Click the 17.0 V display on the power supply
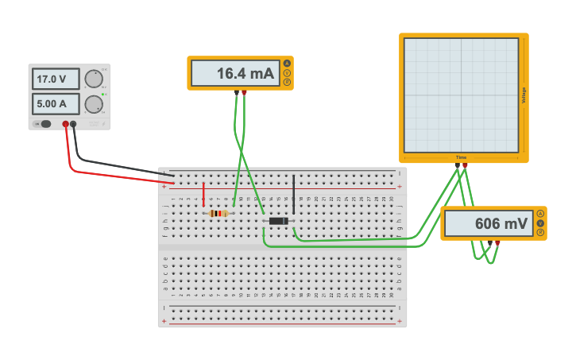pyautogui.click(x=56, y=79)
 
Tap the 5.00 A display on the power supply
pyautogui.click(x=56, y=104)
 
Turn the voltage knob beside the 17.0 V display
pyautogui.click(x=94, y=79)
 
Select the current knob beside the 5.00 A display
pyautogui.click(x=94, y=104)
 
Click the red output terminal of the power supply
pyautogui.click(x=66, y=124)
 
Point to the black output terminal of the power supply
pyautogui.click(x=74, y=124)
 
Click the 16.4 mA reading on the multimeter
pyautogui.click(x=236, y=74)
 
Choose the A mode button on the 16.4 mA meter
pyautogui.click(x=287, y=64)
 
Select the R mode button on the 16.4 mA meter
pyautogui.click(x=287, y=82)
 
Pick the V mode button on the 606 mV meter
pyautogui.click(x=540, y=223)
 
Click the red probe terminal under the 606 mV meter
pyautogui.click(x=497, y=242)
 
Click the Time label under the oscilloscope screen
pyautogui.click(x=461, y=157)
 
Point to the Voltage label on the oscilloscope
pyautogui.click(x=524, y=95)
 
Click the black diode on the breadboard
pyautogui.click(x=278, y=221)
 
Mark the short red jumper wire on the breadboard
pyautogui.click(x=204, y=194)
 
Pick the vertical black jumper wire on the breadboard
pyautogui.click(x=293, y=194)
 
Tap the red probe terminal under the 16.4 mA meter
pyautogui.click(x=245, y=92)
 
